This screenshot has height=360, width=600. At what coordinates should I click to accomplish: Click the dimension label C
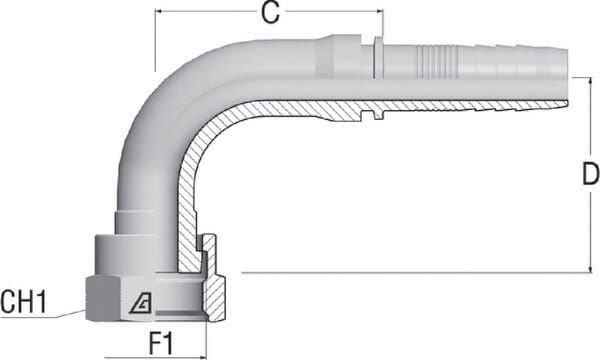point(270,13)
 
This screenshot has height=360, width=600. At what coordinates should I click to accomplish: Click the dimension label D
point(590,174)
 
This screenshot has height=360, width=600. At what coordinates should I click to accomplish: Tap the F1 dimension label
point(161,343)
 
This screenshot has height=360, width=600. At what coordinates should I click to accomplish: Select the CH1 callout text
point(23,301)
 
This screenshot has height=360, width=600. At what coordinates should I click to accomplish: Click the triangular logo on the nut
point(140,305)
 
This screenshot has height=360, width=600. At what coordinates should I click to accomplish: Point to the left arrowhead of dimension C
point(159,11)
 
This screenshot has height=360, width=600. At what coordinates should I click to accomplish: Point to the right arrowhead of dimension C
point(379,11)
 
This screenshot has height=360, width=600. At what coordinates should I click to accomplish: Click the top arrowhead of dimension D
point(590,82)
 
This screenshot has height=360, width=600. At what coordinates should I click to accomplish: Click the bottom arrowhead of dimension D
point(590,268)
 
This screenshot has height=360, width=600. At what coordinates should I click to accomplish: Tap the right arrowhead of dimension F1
point(202,358)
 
